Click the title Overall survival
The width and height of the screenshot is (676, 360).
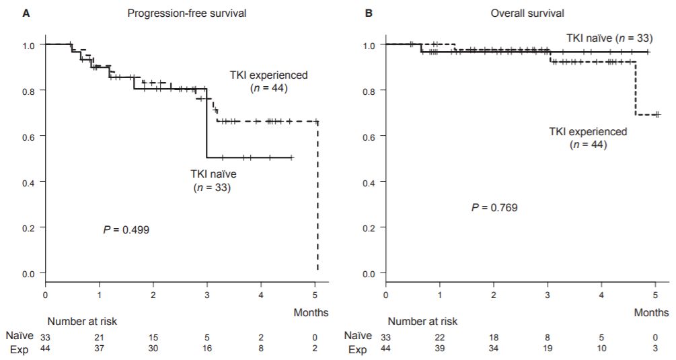527,13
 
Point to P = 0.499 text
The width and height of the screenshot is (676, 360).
126,229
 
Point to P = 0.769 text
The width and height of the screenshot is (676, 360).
494,207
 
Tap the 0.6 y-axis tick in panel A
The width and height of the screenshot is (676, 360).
30,136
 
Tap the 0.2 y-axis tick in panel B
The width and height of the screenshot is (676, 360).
371,228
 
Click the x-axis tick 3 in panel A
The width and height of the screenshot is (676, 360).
207,295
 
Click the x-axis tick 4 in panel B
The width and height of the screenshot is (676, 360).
602,295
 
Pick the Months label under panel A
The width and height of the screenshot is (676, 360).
311,312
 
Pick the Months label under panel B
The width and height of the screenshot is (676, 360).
652,312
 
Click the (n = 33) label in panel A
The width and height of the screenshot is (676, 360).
212,188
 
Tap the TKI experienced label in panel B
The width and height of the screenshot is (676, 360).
588,132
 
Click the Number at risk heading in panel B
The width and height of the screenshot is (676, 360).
422,322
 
